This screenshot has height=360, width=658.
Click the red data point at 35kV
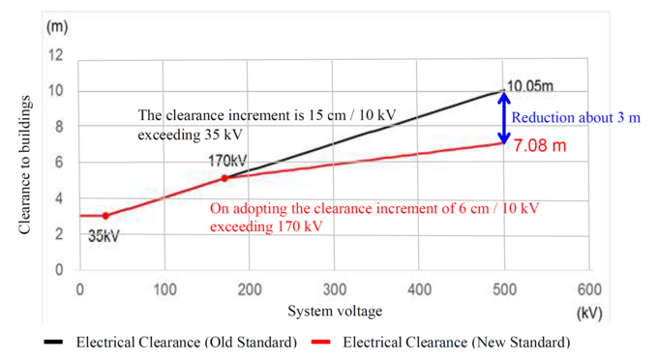pyautogui.click(x=105, y=215)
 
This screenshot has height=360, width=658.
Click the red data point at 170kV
pyautogui.click(x=224, y=178)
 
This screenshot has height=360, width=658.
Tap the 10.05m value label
pyautogui.click(x=530, y=86)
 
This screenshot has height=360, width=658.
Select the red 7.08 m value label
pyautogui.click(x=540, y=146)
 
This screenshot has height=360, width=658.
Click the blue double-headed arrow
pyautogui.click(x=503, y=117)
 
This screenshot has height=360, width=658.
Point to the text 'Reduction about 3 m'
pyautogui.click(x=576, y=118)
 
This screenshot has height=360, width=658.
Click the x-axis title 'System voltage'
pyautogui.click(x=334, y=311)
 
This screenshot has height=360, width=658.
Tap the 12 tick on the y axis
pyautogui.click(x=57, y=55)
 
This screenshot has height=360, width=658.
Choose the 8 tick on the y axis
pyautogui.click(x=60, y=127)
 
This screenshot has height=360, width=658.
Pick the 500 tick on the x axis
pyautogui.click(x=503, y=288)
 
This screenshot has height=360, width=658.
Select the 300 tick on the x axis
pyautogui.click(x=334, y=288)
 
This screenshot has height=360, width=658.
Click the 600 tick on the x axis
pyautogui.click(x=588, y=288)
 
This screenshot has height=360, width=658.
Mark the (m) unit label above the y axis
pyautogui.click(x=57, y=26)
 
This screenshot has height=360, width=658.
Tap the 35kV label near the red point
pyautogui.click(x=104, y=236)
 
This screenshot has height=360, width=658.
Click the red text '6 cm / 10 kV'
pyautogui.click(x=469, y=208)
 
